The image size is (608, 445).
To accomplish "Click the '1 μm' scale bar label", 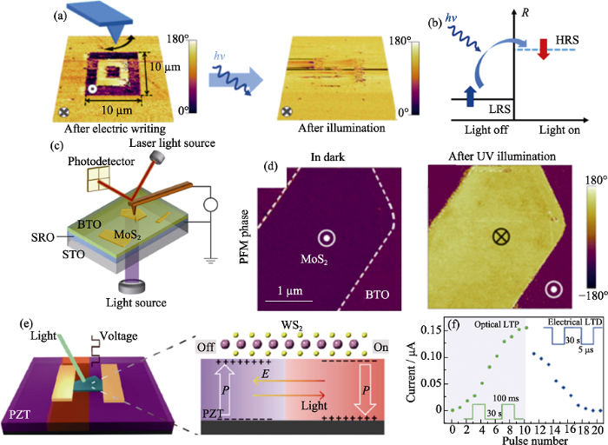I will click(289, 288).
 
